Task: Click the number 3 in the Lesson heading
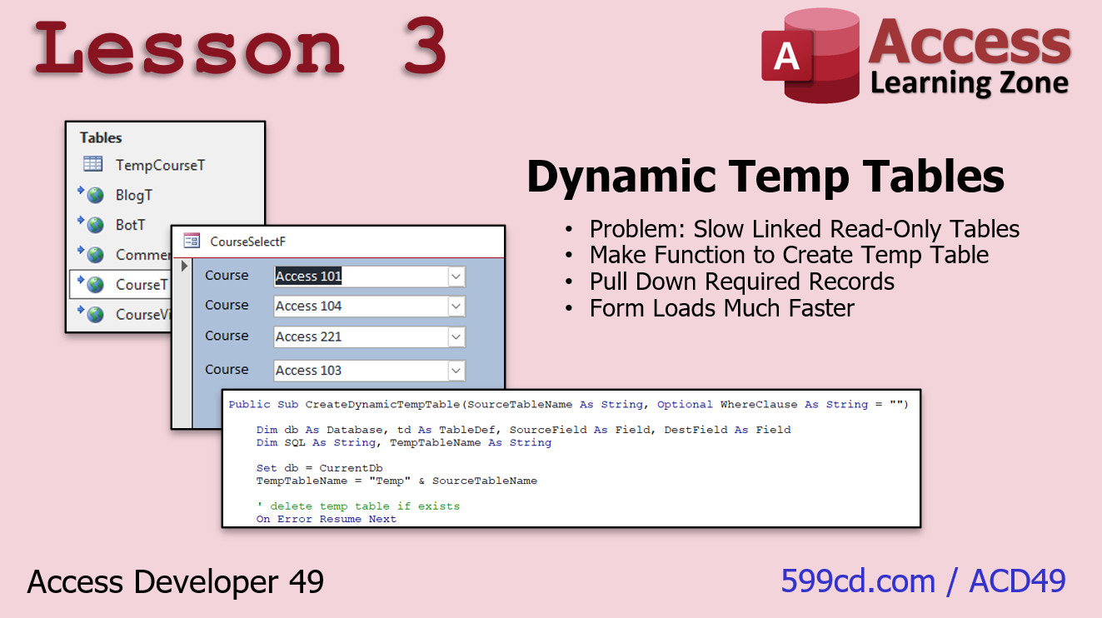426,46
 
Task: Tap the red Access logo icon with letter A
810,56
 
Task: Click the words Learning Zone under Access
970,83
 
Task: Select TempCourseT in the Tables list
160,165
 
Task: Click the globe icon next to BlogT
95,196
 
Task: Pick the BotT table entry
131,225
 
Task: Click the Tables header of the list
101,137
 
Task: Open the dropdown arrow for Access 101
456,277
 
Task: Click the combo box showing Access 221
370,337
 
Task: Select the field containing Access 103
370,371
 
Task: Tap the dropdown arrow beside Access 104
456,307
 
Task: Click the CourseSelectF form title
247,242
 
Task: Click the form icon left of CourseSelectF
192,241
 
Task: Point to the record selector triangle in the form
184,267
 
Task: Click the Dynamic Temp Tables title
765,177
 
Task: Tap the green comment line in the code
358,506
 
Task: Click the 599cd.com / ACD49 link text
924,581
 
